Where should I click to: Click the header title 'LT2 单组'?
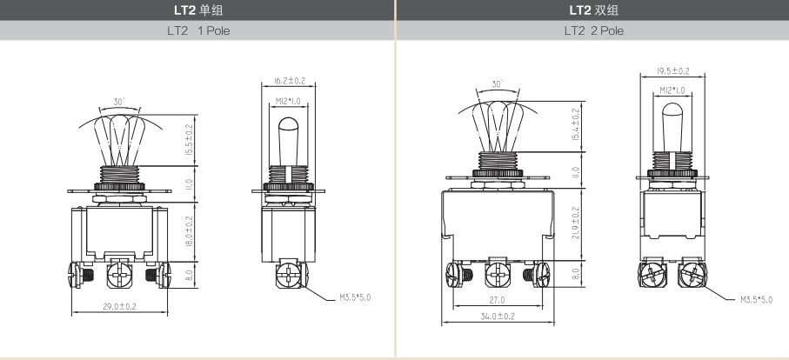click(x=198, y=10)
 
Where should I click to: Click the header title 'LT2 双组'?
click(x=594, y=10)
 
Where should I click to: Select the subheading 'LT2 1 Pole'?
click(x=198, y=30)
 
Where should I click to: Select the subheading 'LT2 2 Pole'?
click(x=594, y=30)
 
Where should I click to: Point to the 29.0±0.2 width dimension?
click(x=120, y=306)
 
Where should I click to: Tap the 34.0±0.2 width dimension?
click(x=498, y=317)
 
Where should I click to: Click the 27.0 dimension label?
click(x=497, y=300)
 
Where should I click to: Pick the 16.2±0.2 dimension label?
click(x=290, y=81)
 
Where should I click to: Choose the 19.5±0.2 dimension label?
click(x=672, y=71)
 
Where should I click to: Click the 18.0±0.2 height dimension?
click(x=189, y=231)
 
